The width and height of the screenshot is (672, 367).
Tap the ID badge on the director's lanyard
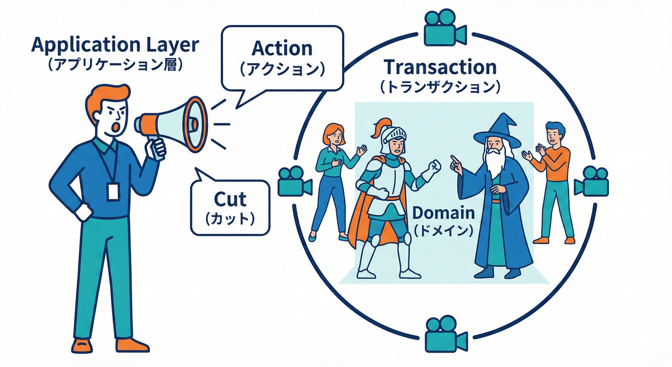click(113, 191)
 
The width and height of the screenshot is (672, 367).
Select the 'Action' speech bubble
click(282, 58)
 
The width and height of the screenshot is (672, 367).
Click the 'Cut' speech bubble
click(230, 207)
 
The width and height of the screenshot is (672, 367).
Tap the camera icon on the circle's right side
click(591, 181)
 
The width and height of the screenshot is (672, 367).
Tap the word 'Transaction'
click(440, 67)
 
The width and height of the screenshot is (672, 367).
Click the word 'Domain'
click(443, 213)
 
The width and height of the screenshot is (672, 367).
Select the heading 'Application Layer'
click(115, 45)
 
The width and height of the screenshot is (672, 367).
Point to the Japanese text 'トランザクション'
click(440, 87)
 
